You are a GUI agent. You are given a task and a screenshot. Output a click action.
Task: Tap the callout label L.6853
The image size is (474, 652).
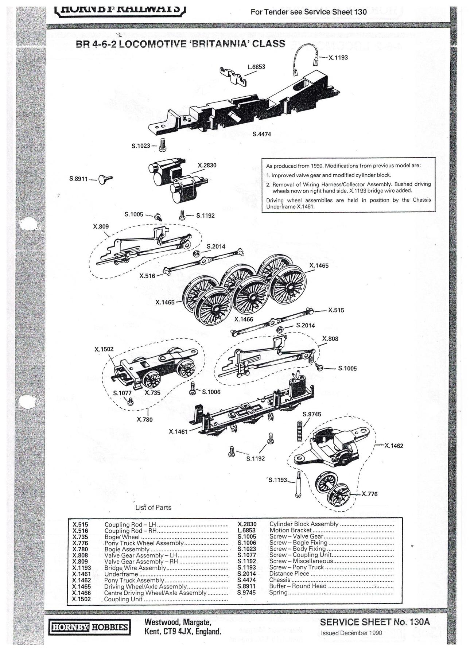(256, 67)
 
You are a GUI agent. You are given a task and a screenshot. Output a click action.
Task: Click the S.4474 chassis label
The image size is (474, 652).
(261, 134)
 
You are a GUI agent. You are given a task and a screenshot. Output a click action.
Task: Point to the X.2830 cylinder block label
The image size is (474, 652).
(207, 166)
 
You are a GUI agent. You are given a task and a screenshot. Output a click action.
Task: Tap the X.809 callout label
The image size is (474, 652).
(101, 226)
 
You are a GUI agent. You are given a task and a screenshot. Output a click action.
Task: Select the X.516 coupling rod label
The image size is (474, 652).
(147, 276)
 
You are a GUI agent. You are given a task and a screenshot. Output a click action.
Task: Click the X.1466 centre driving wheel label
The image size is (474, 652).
(244, 319)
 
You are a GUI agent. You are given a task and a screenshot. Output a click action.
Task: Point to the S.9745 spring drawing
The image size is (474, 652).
(300, 431)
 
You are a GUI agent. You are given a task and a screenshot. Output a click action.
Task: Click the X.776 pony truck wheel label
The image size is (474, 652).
(369, 494)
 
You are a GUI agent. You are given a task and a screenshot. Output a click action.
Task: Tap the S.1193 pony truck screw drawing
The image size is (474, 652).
(298, 484)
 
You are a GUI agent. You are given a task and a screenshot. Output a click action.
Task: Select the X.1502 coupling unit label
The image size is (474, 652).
(104, 349)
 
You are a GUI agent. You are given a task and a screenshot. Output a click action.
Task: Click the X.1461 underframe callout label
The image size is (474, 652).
(178, 432)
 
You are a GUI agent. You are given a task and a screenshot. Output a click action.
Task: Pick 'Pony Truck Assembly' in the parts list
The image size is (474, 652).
(134, 580)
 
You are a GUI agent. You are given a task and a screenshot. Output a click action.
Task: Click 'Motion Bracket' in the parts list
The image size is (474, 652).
(290, 530)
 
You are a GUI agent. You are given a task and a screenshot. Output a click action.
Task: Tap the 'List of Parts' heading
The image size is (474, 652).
(153, 508)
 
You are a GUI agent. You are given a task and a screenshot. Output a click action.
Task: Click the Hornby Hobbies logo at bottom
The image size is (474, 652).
(90, 627)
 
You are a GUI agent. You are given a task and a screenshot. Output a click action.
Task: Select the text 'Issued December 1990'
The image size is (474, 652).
(351, 633)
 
